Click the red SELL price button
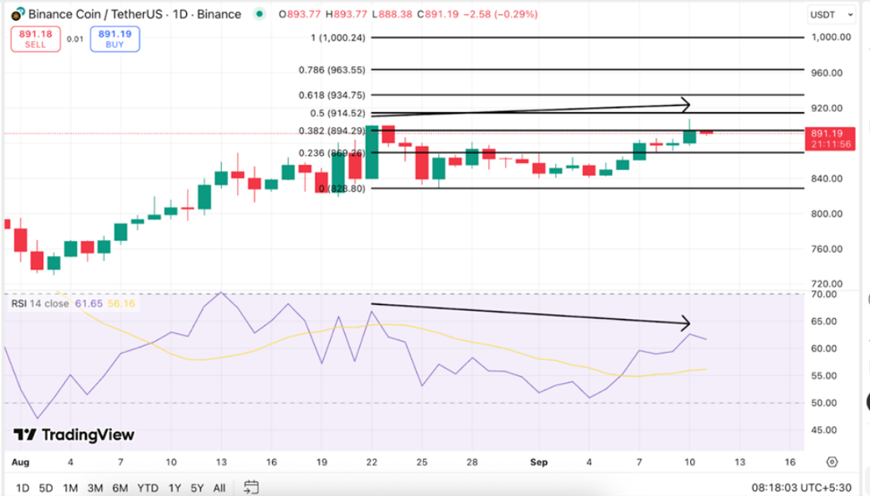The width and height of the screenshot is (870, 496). pos(36,38)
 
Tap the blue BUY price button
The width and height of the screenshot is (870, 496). pos(115,38)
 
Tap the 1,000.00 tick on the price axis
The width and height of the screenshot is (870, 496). pos(831,37)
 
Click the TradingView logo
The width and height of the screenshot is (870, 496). pos(74,435)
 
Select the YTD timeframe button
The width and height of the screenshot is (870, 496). pos(147,487)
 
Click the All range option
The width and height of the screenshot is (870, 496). pos(219,487)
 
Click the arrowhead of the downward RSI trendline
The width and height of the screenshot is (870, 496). pos(686,323)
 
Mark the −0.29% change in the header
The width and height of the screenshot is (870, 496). pos(519,14)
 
